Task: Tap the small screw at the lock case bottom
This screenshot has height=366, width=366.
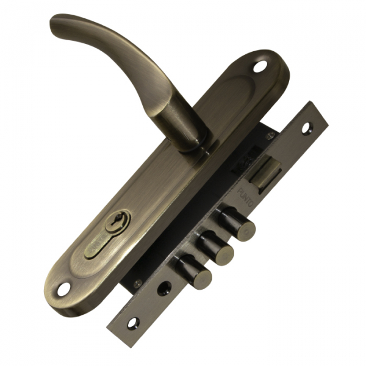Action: click(140, 281)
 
